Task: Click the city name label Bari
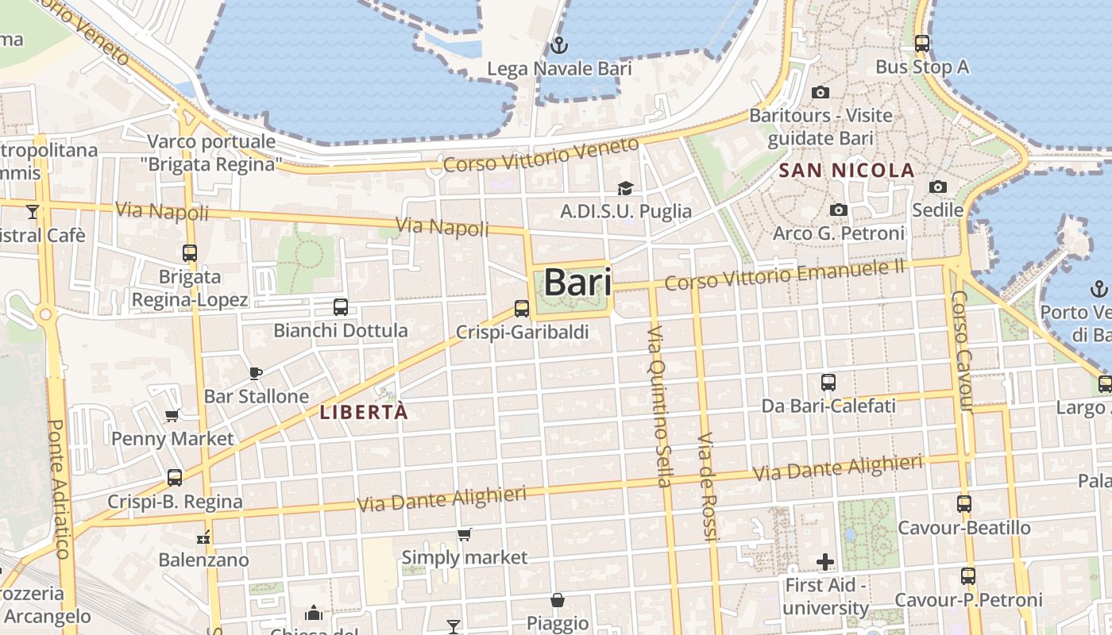(577, 283)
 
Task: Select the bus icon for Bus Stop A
(922, 44)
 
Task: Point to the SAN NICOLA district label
(847, 170)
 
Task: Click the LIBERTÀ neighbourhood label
(364, 412)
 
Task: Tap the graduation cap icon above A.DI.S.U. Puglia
(626, 188)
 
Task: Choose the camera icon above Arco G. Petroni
(839, 210)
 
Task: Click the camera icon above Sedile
(938, 187)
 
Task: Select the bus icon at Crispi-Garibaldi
(522, 309)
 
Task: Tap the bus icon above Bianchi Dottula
(341, 306)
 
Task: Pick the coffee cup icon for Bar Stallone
(256, 372)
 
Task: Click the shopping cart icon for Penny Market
(172, 415)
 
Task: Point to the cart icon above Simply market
(465, 534)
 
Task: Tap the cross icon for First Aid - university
(825, 562)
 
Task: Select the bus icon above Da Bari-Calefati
(828, 383)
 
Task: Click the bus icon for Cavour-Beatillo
(964, 504)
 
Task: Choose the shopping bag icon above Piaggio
(558, 600)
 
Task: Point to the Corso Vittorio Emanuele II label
(785, 275)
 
